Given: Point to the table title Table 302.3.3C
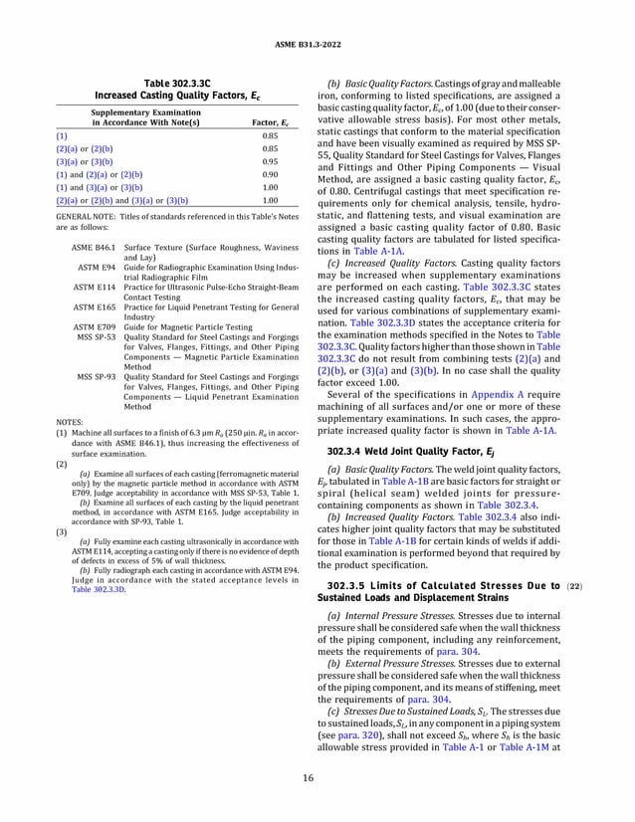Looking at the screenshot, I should [166, 81].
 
